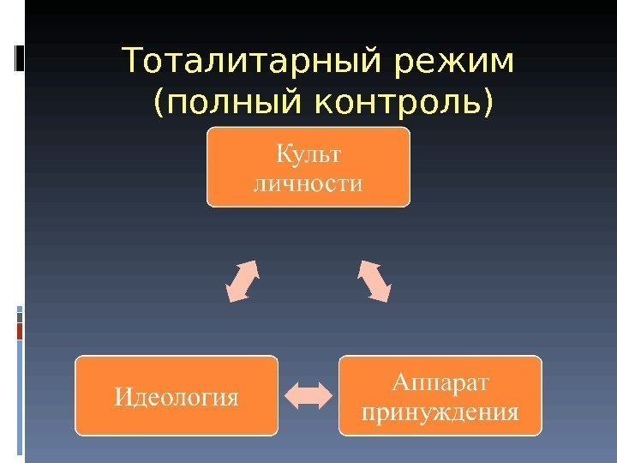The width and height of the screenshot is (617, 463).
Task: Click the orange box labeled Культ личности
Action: pyautogui.click(x=308, y=167)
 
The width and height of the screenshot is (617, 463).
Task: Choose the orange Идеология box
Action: pyautogui.click(x=177, y=395)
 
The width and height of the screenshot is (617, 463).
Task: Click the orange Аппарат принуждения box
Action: pyautogui.click(x=440, y=395)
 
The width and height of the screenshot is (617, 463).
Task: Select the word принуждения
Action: pyautogui.click(x=440, y=412)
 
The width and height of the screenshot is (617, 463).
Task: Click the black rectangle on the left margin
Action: pyautogui.click(x=19, y=57)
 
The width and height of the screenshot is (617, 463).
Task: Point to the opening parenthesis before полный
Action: pyautogui.click(x=159, y=104)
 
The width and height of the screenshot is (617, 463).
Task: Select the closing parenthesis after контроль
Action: pyautogui.click(x=488, y=104)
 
